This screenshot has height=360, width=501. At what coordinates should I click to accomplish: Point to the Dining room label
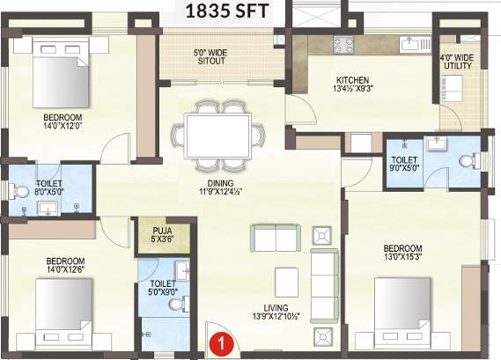tap(217, 184)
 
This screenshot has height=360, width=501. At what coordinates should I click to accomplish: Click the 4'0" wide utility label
tap(458, 62)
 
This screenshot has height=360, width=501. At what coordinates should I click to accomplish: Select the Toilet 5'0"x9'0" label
tap(160, 288)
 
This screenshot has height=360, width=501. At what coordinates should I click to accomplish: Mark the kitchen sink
tap(409, 42)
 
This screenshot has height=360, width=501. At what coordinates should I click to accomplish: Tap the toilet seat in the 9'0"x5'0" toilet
tap(469, 161)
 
